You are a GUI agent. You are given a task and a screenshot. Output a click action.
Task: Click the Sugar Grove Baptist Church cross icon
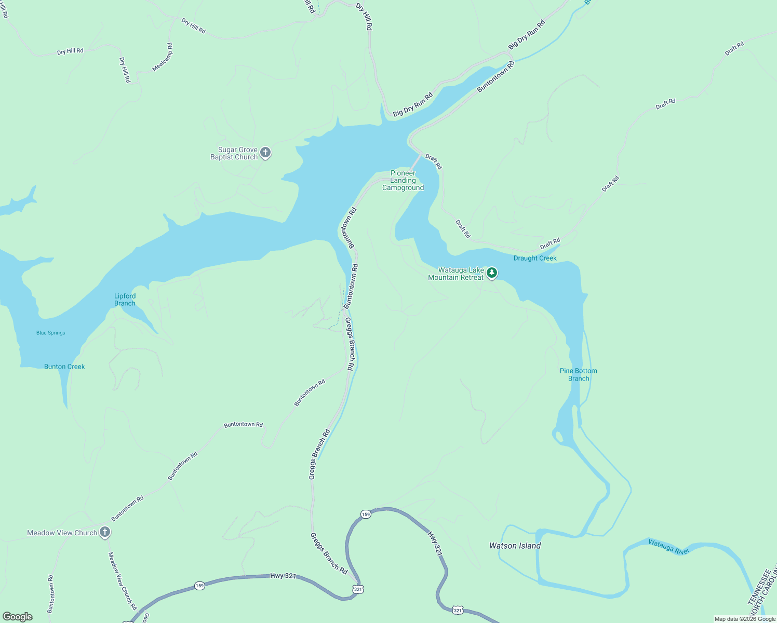(265, 153)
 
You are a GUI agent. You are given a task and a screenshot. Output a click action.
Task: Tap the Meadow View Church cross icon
(105, 532)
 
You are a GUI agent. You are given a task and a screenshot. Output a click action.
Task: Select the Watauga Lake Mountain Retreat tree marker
(492, 273)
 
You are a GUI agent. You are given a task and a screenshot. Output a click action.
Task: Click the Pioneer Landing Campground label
(403, 181)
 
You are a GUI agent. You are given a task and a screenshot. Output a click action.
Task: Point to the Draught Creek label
(535, 258)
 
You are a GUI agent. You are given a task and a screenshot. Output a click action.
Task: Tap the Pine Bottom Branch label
(579, 374)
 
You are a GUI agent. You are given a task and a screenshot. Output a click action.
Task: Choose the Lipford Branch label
(125, 300)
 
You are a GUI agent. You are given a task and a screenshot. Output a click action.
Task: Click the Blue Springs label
(51, 333)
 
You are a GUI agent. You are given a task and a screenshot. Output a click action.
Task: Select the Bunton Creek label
(64, 367)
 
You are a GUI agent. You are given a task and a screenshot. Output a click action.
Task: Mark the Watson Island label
(515, 546)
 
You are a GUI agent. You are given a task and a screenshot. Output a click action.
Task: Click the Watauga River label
(669, 547)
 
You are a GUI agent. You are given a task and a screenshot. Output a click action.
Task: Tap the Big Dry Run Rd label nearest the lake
(413, 105)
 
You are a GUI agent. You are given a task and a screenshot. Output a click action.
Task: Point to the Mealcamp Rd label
(163, 58)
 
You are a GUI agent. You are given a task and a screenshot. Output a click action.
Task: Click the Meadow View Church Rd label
(122, 580)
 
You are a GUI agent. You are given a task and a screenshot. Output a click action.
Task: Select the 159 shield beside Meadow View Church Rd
(200, 586)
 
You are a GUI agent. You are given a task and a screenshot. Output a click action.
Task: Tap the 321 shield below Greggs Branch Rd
(357, 589)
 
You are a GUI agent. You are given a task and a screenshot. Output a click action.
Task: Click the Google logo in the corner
(18, 617)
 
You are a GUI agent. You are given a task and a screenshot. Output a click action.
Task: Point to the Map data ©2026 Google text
(745, 619)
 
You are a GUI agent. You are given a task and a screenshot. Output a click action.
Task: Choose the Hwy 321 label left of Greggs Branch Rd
(283, 576)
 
